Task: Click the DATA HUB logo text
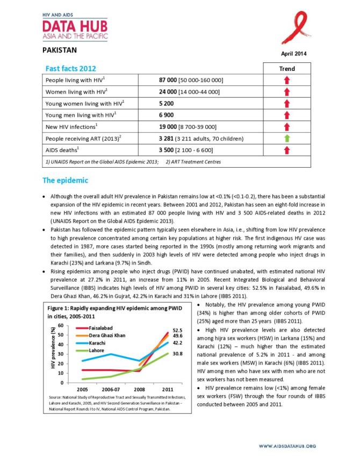coord(75,26)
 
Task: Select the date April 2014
coord(294,54)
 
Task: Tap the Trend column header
coord(287,69)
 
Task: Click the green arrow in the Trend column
coord(287,138)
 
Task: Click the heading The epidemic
coord(65,180)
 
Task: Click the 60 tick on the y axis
coord(60,326)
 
